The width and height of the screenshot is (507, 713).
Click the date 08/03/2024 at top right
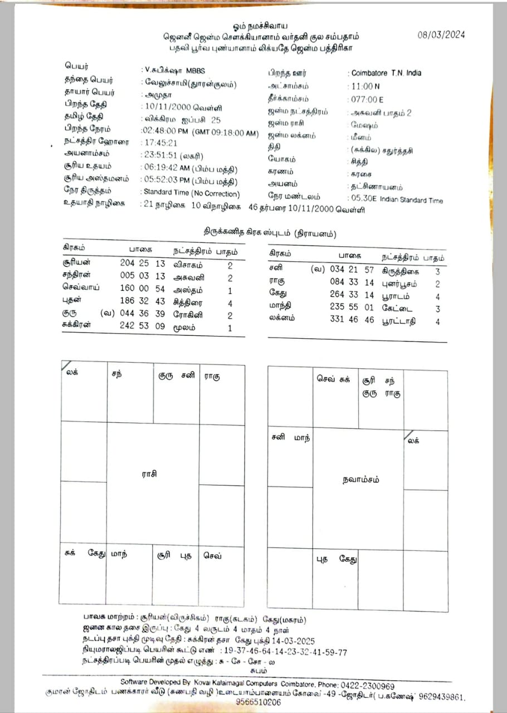point(441,35)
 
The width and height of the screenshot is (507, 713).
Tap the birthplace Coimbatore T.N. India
point(386,73)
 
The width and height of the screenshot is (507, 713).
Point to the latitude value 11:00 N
point(365,86)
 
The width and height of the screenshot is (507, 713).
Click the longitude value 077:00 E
point(367,100)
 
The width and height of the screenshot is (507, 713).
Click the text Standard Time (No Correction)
point(192,194)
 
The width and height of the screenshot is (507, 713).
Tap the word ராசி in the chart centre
point(149,474)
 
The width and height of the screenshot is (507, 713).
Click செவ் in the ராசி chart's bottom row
point(212,555)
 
